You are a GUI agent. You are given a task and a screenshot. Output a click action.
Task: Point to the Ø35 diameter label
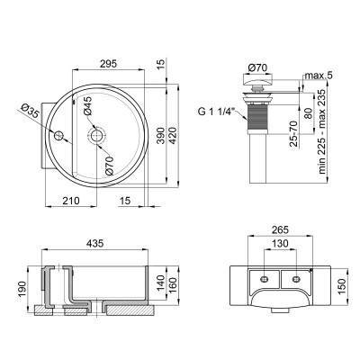click(x=30, y=112)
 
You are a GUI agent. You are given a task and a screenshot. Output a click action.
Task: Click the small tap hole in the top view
click(x=59, y=137)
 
